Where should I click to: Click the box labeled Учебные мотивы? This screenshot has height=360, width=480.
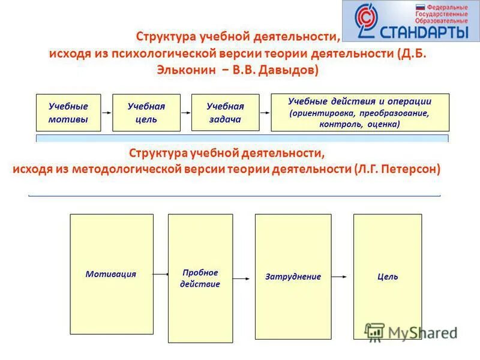pyautogui.click(x=68, y=113)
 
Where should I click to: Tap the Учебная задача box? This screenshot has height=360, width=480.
pyautogui.click(x=225, y=113)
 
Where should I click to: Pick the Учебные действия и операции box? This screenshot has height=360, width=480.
pyautogui.click(x=360, y=113)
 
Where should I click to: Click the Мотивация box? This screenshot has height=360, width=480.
pyautogui.click(x=110, y=274)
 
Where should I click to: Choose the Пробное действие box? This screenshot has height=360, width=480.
pyautogui.click(x=200, y=278)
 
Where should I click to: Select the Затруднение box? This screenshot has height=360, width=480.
pyautogui.click(x=293, y=277)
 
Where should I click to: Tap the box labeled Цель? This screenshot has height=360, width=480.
pyautogui.click(x=388, y=277)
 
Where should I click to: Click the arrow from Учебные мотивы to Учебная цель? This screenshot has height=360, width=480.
pyautogui.click(x=107, y=112)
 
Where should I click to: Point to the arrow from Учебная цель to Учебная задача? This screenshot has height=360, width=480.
pyautogui.click(x=185, y=112)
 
